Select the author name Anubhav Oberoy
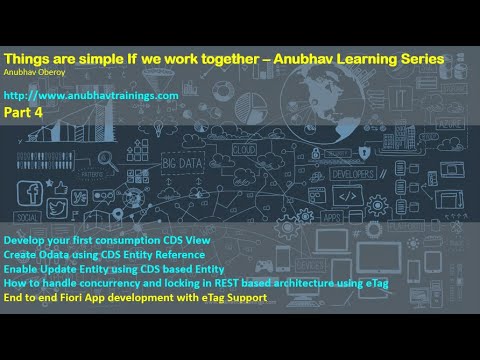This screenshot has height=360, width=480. pyautogui.click(x=32, y=72)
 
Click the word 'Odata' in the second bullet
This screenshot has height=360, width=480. pyautogui.click(x=54, y=257)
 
